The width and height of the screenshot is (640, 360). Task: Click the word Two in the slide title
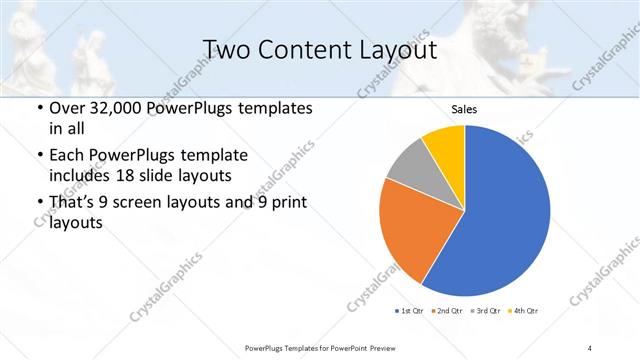pyautogui.click(x=225, y=50)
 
